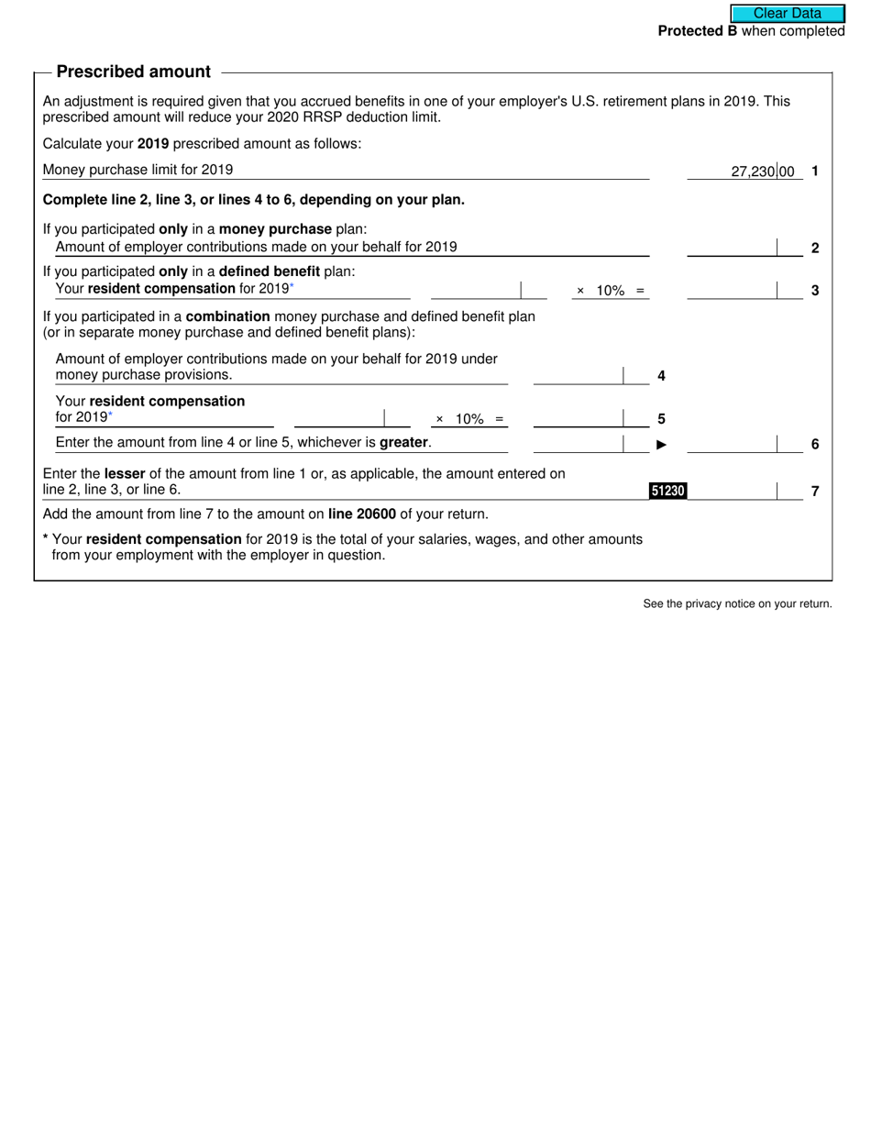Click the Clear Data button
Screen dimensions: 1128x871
[x=788, y=14]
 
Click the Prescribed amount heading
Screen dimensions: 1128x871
[x=133, y=72]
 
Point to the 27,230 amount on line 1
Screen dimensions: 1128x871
[x=753, y=171]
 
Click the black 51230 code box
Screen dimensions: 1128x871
[x=667, y=491]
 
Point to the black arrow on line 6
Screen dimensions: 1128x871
[x=661, y=445]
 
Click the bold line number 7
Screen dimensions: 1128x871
[x=815, y=492]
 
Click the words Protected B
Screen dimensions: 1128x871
[x=697, y=31]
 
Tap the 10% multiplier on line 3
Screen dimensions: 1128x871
[x=610, y=291]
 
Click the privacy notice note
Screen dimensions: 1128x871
[x=737, y=603]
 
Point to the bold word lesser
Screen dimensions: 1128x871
[x=125, y=474]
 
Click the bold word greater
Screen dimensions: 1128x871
[x=403, y=443]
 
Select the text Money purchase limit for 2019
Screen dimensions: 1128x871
[x=138, y=170]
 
